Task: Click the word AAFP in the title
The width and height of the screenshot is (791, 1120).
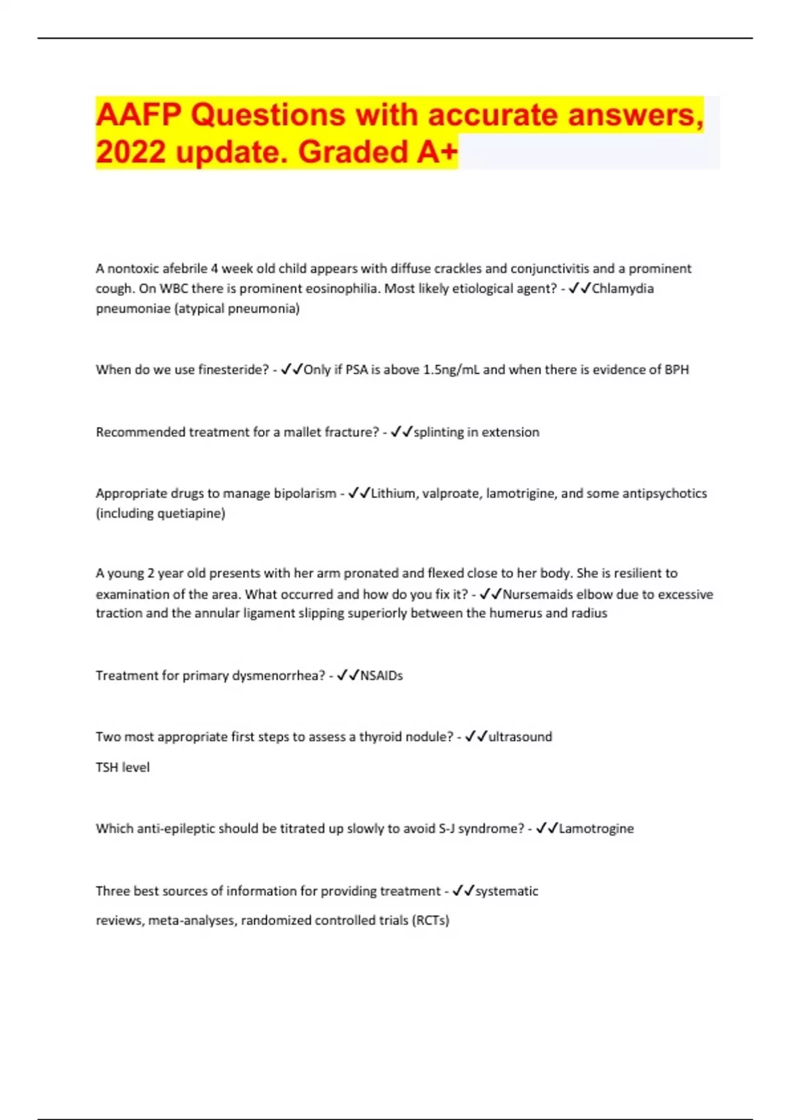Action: [x=138, y=115]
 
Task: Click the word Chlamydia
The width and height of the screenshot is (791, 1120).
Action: [x=622, y=289]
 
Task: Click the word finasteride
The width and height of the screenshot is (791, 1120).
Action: [x=233, y=370]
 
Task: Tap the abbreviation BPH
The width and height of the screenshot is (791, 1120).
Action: [x=676, y=370]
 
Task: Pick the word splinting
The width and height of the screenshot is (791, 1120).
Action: [x=438, y=432]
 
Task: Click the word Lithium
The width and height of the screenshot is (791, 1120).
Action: [x=394, y=493]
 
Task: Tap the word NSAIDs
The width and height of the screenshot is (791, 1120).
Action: [x=382, y=675]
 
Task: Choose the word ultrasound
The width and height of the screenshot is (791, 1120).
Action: [x=520, y=737]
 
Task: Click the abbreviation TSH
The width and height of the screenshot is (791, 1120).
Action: [x=107, y=768]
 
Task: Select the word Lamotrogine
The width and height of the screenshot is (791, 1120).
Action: [x=596, y=829]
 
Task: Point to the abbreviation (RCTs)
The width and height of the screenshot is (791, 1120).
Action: [x=430, y=920]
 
